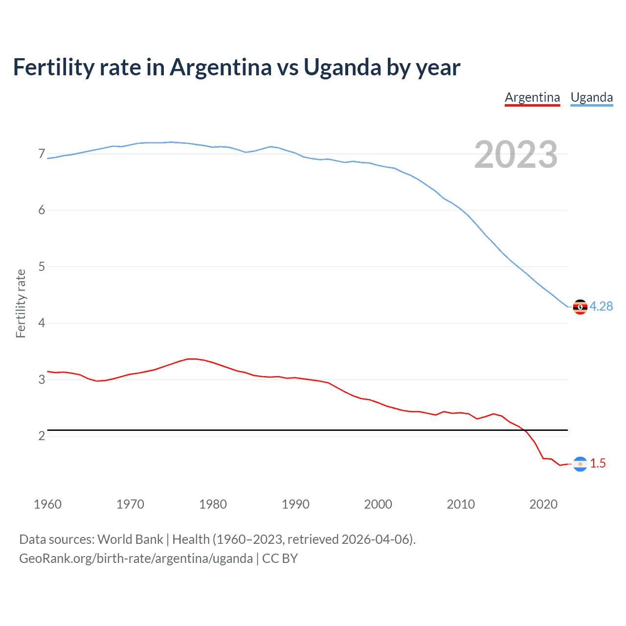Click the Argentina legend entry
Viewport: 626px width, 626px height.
532,97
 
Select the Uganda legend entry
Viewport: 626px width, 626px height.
592,97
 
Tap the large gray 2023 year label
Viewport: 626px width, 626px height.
515,155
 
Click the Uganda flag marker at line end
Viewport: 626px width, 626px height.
580,307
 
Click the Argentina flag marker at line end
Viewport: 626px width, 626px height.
580,464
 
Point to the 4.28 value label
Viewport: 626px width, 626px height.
601,306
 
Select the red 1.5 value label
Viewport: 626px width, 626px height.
598,463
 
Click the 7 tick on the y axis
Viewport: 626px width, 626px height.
42,154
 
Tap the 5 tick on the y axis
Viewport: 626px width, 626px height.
42,267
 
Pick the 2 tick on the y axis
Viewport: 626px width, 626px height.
42,436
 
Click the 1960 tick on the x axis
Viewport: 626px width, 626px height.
47,504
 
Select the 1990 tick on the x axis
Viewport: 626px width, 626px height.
295,504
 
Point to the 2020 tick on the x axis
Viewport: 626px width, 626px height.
543,504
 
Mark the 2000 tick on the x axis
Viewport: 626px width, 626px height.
378,504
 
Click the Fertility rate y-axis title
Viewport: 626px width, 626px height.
21,303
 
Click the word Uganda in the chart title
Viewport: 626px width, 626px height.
342,67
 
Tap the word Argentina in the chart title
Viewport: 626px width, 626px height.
221,67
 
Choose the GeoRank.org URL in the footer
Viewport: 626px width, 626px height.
136,559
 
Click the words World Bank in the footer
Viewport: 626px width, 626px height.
130,539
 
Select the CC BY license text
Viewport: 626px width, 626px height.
280,559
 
